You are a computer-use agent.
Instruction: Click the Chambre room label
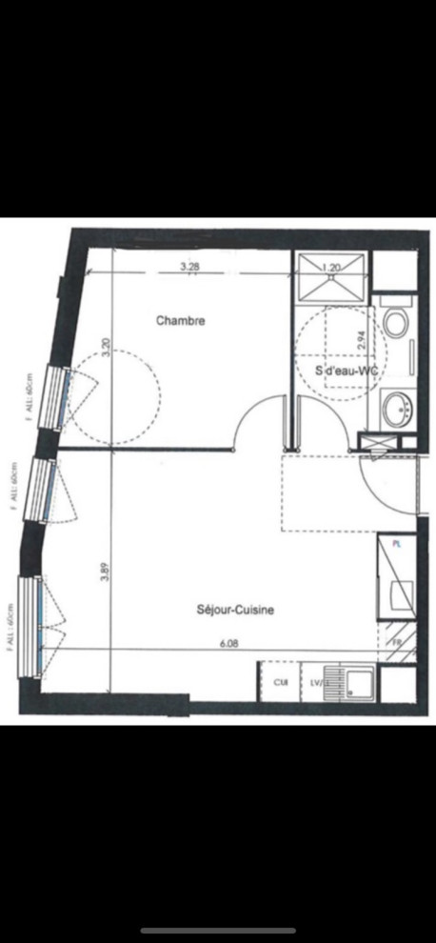pos(180,321)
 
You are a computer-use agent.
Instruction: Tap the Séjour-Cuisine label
pos(235,612)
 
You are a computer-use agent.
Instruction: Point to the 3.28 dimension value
pos(189,267)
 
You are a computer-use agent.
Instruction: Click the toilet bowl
pos(396,325)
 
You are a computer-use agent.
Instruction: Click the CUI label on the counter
pos(281,682)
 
